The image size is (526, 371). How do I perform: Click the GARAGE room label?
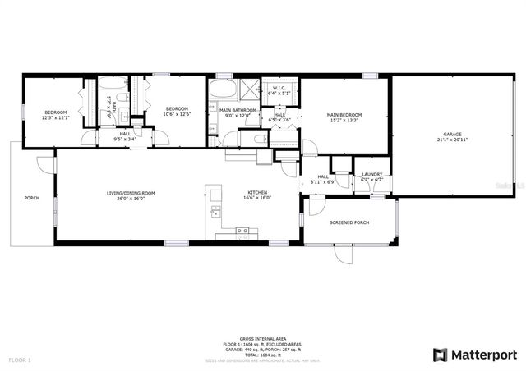[452, 135]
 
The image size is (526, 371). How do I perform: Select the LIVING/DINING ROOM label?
[131, 194]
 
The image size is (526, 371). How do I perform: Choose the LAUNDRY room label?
[371, 174]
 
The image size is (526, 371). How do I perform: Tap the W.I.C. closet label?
[279, 89]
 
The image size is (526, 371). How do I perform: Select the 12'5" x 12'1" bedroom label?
[55, 112]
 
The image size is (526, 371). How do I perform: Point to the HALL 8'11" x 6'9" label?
[323, 176]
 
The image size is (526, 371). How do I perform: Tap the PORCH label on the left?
[32, 198]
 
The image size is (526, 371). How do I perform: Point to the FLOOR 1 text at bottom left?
[19, 360]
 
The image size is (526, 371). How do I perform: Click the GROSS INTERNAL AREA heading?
[262, 337]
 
